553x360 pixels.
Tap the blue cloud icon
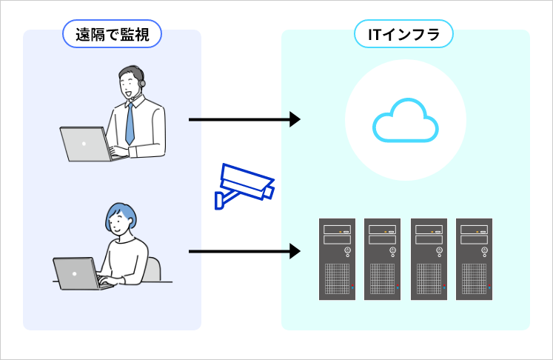(x=406, y=121)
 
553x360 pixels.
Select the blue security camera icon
(x=244, y=186)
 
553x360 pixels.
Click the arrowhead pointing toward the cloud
(x=295, y=119)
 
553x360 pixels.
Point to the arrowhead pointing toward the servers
(x=295, y=252)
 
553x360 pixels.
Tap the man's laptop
(x=84, y=144)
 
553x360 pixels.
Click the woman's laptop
(x=77, y=273)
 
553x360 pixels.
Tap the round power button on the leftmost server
(x=347, y=250)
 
